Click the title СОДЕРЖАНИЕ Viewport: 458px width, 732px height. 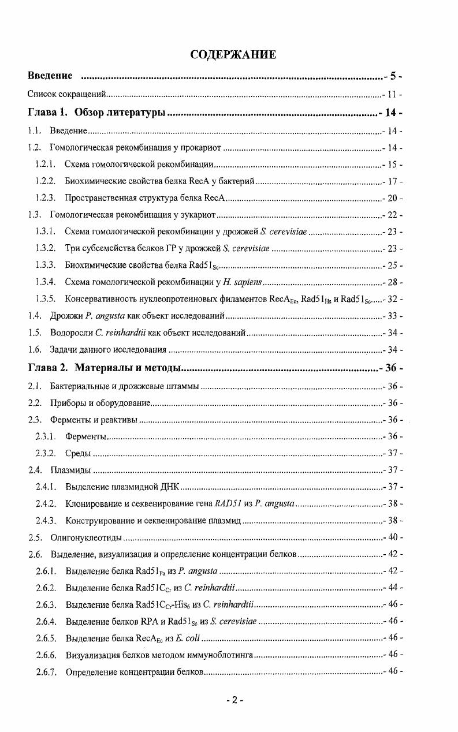[x=233, y=55]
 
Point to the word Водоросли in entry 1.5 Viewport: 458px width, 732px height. [x=69, y=333]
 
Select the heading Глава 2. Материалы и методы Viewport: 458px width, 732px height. [x=105, y=368]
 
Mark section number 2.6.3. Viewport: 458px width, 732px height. [x=45, y=605]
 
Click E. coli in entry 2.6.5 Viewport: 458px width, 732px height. [x=187, y=638]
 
